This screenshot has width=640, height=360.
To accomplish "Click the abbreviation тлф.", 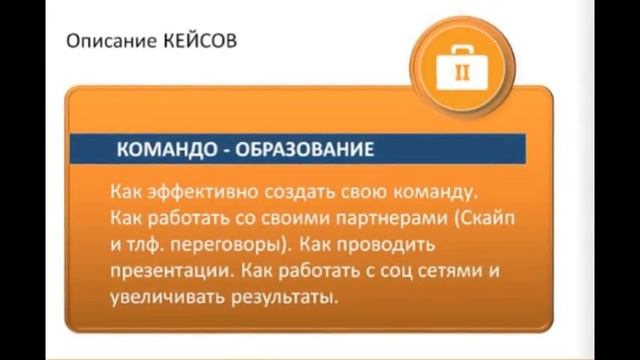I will tap(144, 244).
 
